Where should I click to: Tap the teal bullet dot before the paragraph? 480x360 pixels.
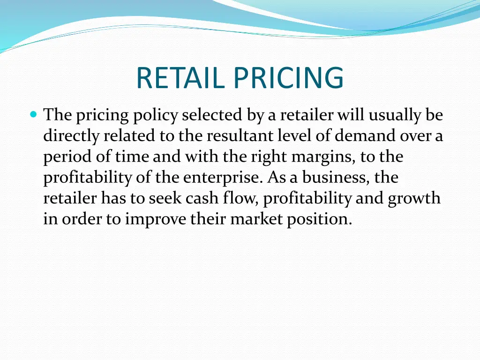33,114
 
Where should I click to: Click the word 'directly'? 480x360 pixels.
71,136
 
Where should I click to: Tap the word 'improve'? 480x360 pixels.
156,220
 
